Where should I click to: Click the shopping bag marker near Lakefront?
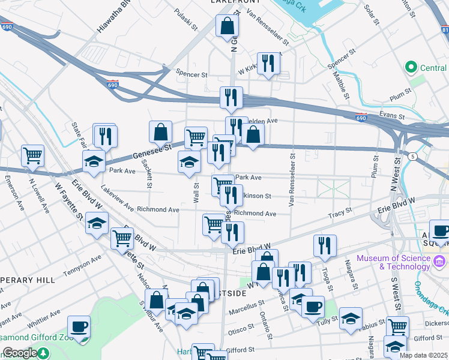click(228, 26)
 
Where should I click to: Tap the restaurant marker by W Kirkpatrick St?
click(268, 64)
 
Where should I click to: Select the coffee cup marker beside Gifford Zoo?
click(79, 327)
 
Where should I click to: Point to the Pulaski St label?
click(185, 19)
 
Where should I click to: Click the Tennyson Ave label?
click(79, 263)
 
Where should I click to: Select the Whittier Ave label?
click(44, 317)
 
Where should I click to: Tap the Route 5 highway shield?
click(413, 157)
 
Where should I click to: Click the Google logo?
click(19, 353)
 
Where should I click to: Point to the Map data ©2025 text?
click(423, 355)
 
